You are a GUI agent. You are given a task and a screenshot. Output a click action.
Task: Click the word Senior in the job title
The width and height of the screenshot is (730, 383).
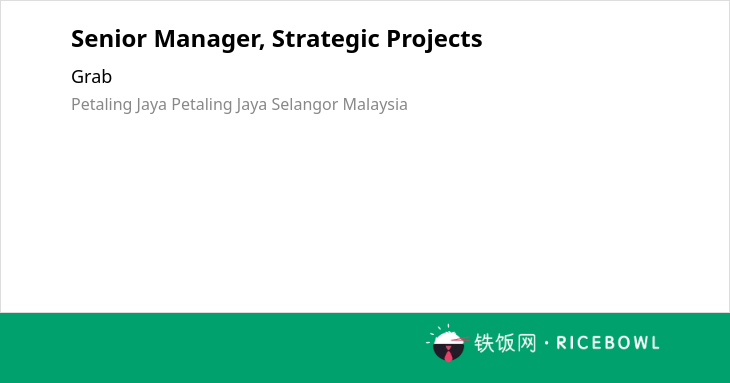pyautogui.click(x=109, y=39)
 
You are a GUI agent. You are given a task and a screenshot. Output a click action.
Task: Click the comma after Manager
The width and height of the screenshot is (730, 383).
pyautogui.click(x=263, y=47)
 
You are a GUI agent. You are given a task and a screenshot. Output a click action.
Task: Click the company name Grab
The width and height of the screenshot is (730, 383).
pyautogui.click(x=91, y=77)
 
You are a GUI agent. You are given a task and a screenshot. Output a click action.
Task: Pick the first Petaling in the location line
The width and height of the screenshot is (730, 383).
pyautogui.click(x=101, y=105)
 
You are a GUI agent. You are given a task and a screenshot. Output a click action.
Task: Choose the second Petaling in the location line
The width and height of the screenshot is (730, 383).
pyautogui.click(x=202, y=105)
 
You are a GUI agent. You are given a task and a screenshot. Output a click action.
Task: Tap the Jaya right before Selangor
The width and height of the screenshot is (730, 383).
pyautogui.click(x=251, y=105)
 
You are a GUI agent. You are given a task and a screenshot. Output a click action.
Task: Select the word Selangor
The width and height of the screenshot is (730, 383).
pyautogui.click(x=305, y=105)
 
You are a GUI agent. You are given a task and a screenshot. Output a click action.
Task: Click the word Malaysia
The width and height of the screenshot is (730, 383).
pyautogui.click(x=375, y=105)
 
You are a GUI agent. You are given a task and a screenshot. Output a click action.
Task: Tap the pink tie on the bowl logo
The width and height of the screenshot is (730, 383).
pyautogui.click(x=448, y=354)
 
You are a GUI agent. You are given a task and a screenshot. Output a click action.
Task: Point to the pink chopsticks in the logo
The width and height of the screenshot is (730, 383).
pyautogui.click(x=460, y=339)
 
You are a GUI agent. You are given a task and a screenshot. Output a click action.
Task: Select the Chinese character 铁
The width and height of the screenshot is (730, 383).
pyautogui.click(x=484, y=343)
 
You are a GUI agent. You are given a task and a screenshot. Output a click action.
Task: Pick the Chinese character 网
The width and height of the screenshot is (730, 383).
pyautogui.click(x=526, y=343)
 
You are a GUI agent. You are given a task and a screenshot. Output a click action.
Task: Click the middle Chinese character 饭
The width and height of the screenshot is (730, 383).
pyautogui.click(x=505, y=343)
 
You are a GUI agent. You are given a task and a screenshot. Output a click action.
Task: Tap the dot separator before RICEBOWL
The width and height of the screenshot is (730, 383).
pyautogui.click(x=547, y=343)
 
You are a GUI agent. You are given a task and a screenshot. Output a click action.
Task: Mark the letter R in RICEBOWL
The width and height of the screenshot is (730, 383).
pyautogui.click(x=561, y=343)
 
